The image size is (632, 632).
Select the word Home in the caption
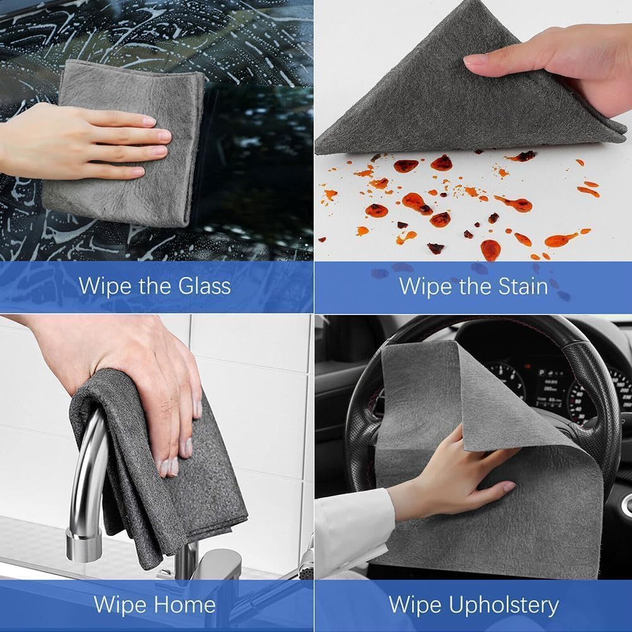pos(184,604)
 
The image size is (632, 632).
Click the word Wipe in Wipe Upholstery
pos(414,605)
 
